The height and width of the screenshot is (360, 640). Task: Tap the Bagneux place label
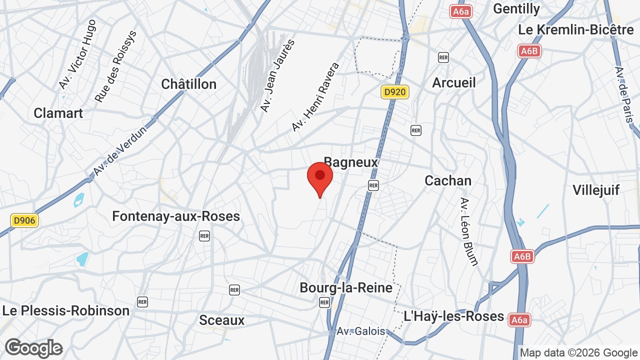coord(351,162)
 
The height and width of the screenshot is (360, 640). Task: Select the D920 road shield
coord(395,92)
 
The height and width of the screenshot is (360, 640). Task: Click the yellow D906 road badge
coord(24,220)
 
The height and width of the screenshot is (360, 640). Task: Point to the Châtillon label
coord(188,84)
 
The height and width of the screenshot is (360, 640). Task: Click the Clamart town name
coord(58,113)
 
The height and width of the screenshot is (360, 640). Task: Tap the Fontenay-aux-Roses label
coord(176,216)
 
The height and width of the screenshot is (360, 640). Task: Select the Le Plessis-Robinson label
coord(65,310)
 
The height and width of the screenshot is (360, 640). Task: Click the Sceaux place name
coord(221,320)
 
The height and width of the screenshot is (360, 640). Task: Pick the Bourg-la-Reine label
coord(346,287)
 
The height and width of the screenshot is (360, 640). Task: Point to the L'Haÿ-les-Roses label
coord(453,316)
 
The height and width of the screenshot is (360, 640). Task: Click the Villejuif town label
coord(596,190)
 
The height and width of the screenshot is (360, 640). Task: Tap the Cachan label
coord(448,180)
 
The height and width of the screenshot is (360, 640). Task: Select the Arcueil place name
coord(454,82)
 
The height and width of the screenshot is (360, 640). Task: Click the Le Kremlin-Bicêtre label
coord(576,29)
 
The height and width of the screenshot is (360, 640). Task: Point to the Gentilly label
coord(516,8)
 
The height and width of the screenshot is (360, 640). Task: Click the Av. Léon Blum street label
coord(468,231)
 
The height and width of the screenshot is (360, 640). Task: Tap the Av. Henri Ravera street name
coord(315,97)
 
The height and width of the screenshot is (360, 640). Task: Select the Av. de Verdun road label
coord(120,150)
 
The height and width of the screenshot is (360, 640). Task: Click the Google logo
coord(33,348)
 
